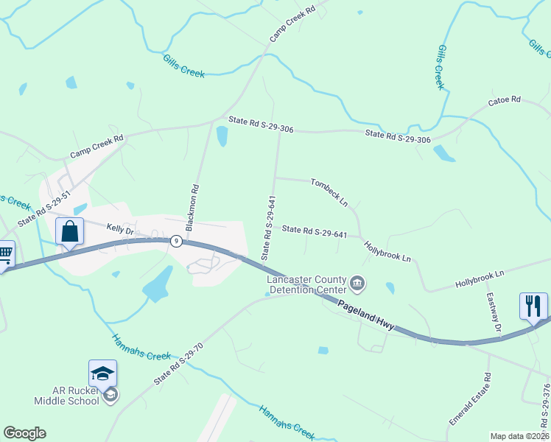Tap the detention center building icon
point(358,282)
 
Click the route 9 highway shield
point(176,241)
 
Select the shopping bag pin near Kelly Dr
point(69,231)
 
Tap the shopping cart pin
point(4,255)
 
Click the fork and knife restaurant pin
point(533,305)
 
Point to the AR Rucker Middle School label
point(66,396)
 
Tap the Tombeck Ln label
point(329,192)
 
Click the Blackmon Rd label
point(194,208)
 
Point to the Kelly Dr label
point(119,230)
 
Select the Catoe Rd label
point(504,100)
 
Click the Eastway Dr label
point(493,312)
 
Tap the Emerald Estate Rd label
point(471,400)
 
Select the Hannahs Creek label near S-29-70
point(141,347)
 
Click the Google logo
point(24,433)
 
